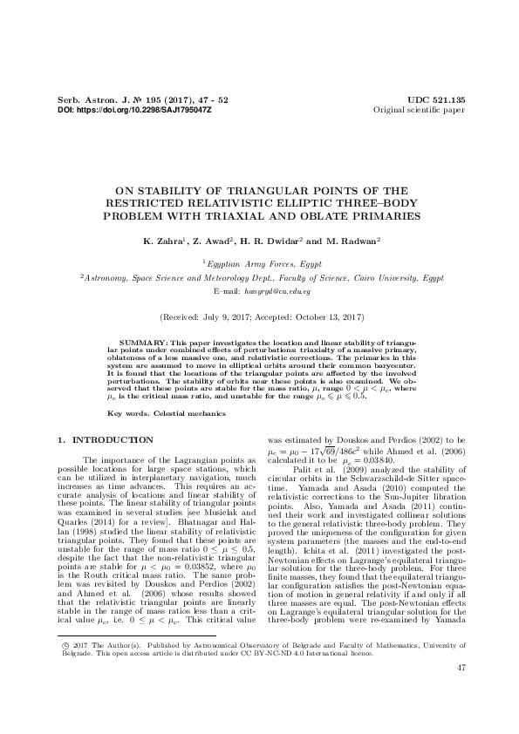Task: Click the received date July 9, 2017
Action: click(222, 319)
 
